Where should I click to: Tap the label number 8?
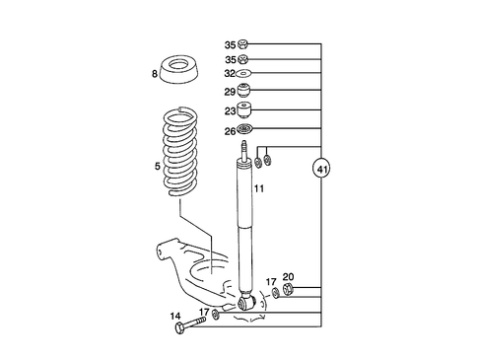click(155, 73)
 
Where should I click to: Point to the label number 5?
click(157, 167)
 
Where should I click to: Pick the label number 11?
click(259, 188)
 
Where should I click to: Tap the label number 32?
click(230, 73)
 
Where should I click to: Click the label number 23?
click(230, 111)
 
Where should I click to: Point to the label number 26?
click(230, 131)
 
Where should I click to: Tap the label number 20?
click(288, 277)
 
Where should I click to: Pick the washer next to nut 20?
click(274, 294)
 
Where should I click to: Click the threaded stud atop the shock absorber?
click(243, 151)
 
